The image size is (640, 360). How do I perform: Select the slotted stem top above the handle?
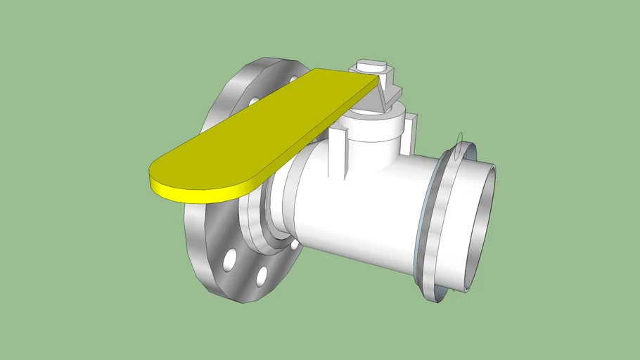tap(373, 67)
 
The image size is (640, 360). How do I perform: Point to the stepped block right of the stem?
tap(395, 91)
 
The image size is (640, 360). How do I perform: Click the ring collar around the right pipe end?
tap(440, 225)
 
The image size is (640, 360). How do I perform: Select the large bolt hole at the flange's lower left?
tap(230, 259)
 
